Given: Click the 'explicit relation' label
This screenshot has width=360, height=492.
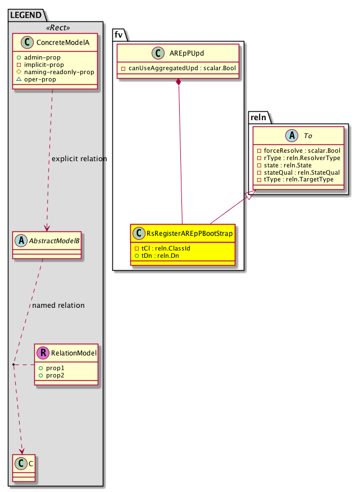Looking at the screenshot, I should pyautogui.click(x=79, y=159).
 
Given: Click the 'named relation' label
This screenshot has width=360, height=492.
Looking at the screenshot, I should pyautogui.click(x=58, y=306).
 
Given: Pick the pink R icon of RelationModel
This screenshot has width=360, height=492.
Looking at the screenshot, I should pyautogui.click(x=43, y=353).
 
